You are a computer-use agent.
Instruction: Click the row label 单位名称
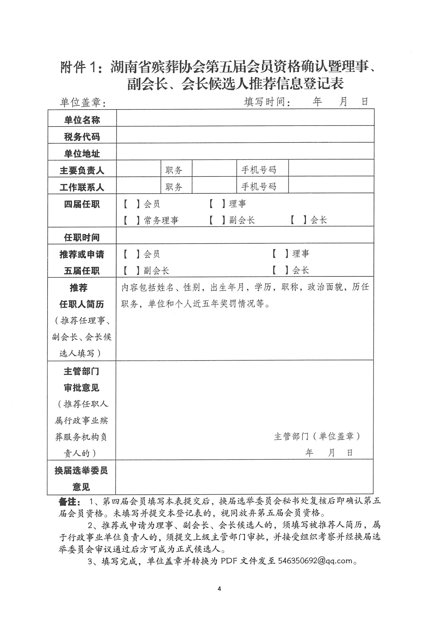tap(82, 120)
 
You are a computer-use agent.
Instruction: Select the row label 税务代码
tap(82, 137)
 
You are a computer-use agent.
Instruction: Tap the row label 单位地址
tap(82, 154)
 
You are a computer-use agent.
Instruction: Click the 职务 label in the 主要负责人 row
tap(174, 170)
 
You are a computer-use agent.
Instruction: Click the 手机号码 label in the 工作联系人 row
tap(259, 187)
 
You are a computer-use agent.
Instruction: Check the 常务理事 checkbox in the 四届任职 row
tap(131, 220)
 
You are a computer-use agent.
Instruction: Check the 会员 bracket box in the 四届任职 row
tap(131, 204)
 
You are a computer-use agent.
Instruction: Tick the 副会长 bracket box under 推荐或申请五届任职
tap(131, 271)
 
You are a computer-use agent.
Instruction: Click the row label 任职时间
tap(82, 237)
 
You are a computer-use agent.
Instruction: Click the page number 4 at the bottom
tap(219, 589)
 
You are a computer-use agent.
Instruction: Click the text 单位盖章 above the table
tap(81, 103)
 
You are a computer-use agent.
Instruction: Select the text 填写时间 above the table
tap(265, 102)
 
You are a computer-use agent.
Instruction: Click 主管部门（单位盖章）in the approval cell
tap(317, 436)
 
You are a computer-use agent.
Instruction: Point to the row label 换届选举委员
tap(81, 471)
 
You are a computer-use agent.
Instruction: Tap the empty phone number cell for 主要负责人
tap(331, 168)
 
